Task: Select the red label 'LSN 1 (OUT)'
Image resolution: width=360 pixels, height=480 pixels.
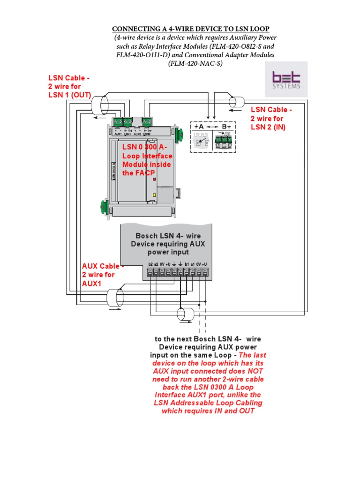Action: click(x=69, y=95)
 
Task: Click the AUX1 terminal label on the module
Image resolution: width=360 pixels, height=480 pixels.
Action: click(x=118, y=134)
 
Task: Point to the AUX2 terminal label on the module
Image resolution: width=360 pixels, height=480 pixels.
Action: click(x=137, y=134)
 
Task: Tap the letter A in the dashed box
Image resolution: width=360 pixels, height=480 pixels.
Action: click(x=201, y=127)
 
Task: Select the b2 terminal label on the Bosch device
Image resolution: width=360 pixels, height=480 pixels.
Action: click(x=150, y=265)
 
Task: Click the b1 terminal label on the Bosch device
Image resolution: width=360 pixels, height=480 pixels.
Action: click(x=187, y=265)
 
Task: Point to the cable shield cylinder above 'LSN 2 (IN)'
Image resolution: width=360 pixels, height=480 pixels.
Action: click(x=236, y=102)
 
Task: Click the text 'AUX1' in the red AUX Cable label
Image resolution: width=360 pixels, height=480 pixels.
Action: click(x=92, y=283)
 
